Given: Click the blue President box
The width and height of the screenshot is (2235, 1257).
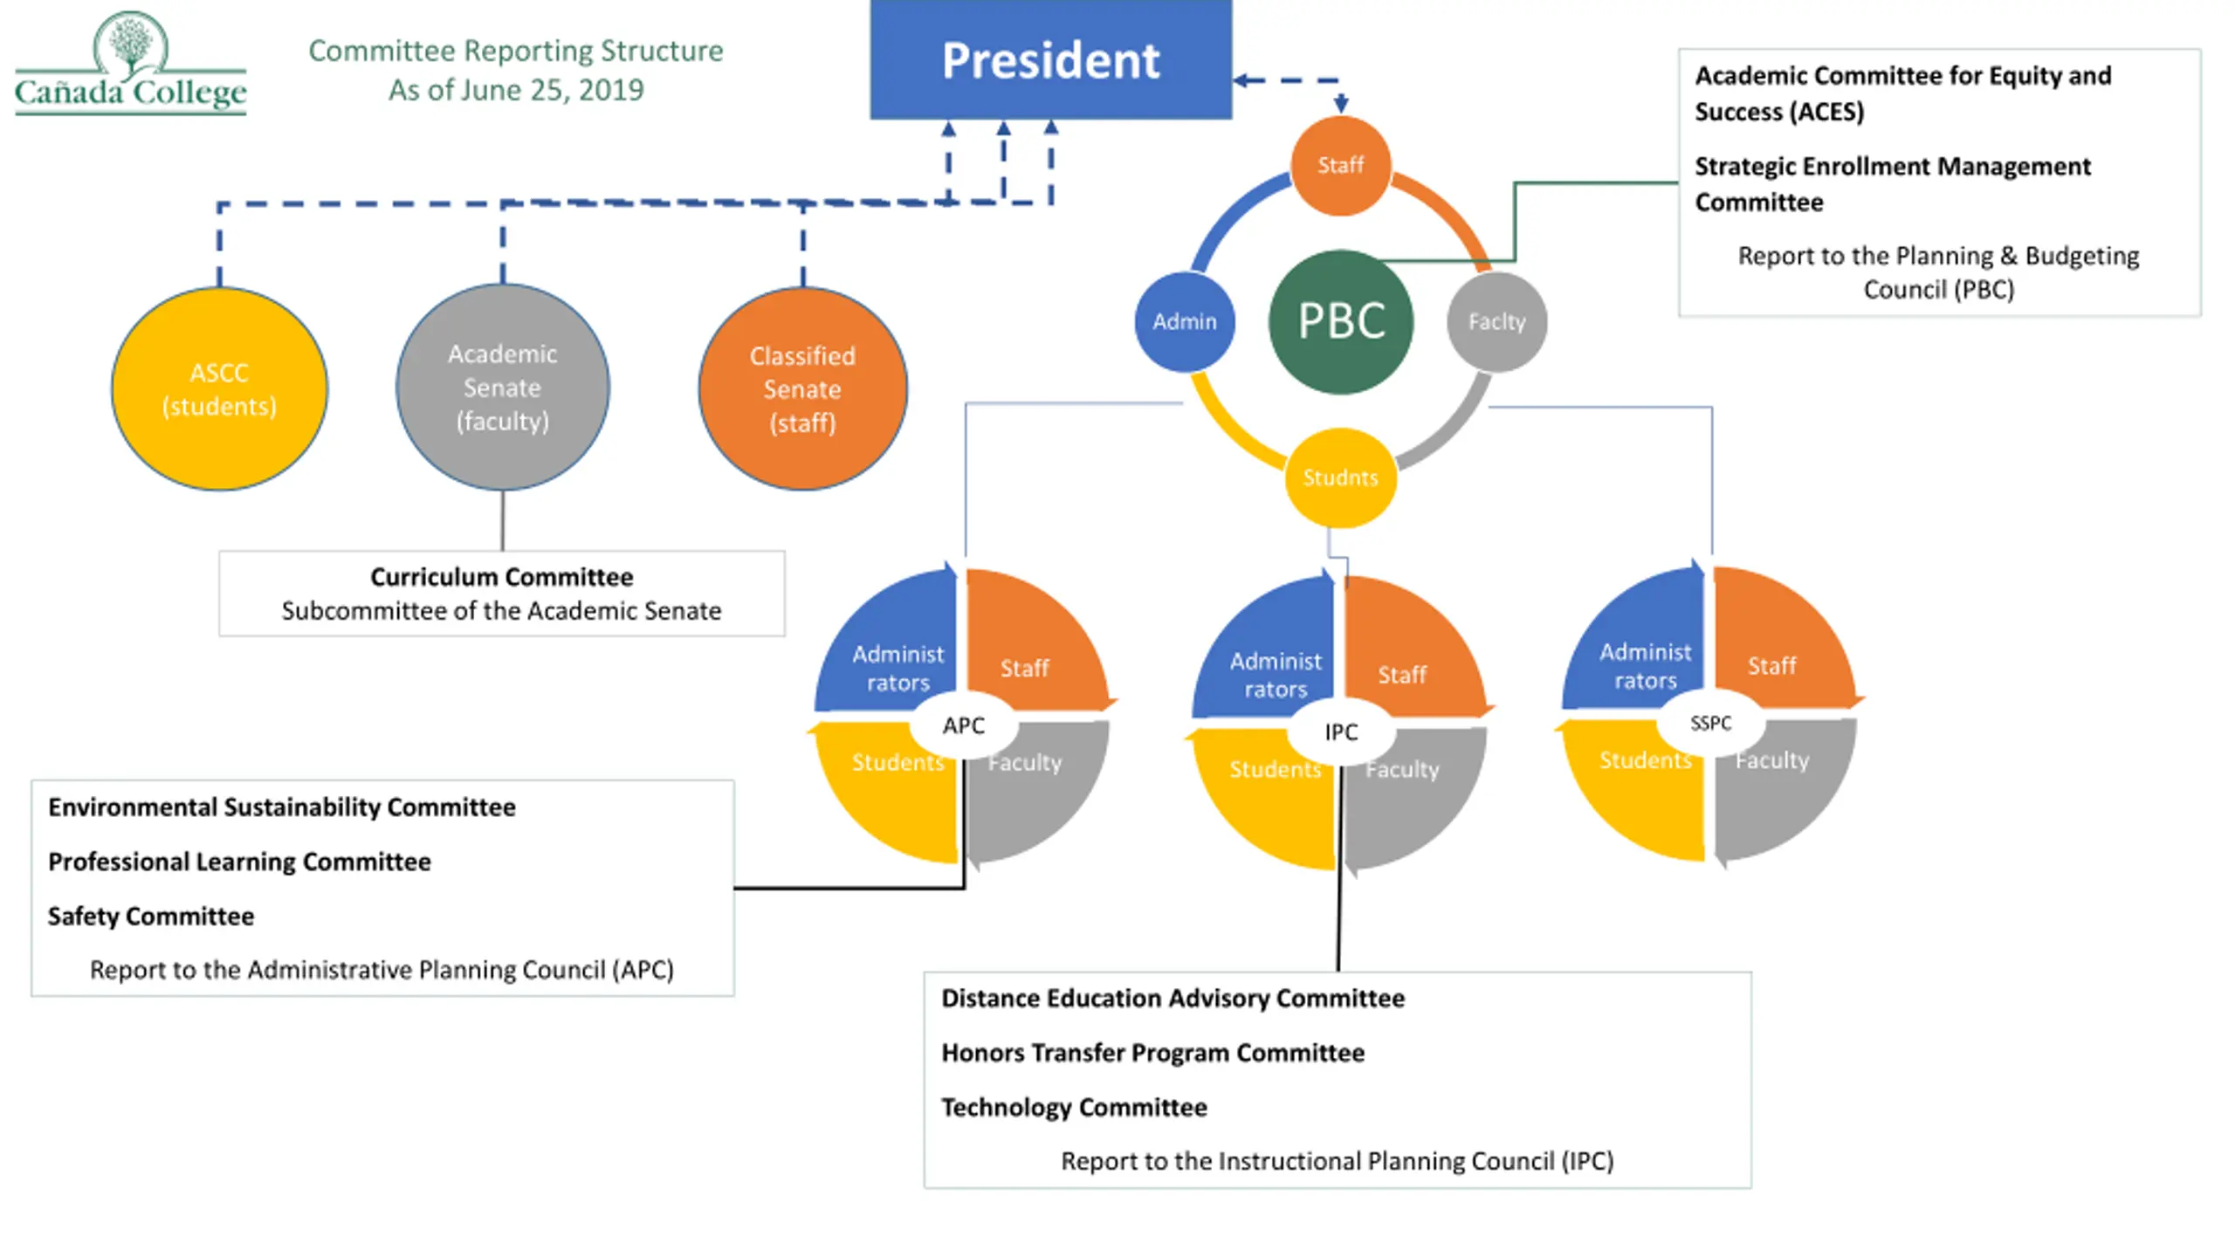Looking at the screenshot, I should click(1050, 59).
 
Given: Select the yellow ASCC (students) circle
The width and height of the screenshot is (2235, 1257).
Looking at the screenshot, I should click(219, 388).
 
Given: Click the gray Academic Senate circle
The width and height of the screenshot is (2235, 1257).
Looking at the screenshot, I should click(502, 387).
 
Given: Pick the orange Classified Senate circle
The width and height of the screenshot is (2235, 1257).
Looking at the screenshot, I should click(802, 388).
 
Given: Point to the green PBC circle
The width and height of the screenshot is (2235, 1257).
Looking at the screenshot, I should click(1340, 321).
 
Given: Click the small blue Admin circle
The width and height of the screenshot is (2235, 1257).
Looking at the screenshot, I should click(1184, 321).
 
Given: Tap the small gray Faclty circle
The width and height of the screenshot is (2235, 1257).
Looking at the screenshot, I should click(1496, 321).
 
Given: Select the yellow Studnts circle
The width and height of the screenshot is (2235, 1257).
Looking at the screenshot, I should click(1340, 477).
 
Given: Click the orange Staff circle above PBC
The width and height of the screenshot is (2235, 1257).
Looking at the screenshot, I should click(1340, 165).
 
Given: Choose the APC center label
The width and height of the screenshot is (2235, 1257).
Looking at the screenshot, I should click(963, 725).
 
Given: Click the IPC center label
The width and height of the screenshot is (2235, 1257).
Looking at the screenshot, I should click(1340, 732).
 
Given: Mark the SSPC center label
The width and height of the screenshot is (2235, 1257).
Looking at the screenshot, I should click(1710, 723).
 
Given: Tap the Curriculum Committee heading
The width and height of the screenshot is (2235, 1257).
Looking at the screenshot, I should click(501, 577).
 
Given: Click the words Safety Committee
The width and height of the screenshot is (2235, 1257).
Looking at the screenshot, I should click(151, 916).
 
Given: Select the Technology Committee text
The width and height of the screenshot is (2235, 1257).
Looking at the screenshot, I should click(1074, 1107).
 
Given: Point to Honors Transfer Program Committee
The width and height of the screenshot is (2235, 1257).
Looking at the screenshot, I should click(1152, 1053).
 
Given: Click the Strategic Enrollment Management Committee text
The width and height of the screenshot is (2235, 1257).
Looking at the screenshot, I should click(1892, 183).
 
